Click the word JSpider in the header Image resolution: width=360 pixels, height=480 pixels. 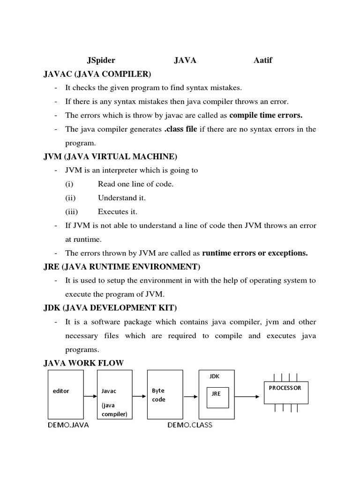(x=101, y=60)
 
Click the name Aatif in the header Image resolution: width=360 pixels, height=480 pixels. (x=262, y=60)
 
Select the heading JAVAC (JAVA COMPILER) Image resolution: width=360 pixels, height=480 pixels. (x=97, y=74)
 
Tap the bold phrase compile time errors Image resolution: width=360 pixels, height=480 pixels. (x=266, y=115)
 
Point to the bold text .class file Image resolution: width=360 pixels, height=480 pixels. (x=180, y=129)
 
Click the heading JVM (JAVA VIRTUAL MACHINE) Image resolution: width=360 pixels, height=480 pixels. (x=110, y=157)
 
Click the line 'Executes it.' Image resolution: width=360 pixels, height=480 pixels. (x=118, y=212)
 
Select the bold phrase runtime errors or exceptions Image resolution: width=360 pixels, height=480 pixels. (x=255, y=253)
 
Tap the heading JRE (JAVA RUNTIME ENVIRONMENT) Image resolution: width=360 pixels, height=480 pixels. (x=122, y=267)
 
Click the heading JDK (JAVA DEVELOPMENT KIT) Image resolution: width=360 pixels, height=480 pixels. (x=110, y=308)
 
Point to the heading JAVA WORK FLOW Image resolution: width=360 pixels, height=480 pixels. (x=83, y=363)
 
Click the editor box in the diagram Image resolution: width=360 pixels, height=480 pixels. (x=66, y=394)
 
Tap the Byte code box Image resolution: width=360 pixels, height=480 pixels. (x=165, y=394)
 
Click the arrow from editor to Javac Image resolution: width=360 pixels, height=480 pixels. (x=90, y=397)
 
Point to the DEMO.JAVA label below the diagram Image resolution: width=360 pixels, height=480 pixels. (x=68, y=425)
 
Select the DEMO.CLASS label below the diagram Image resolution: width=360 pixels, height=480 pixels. (x=190, y=425)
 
